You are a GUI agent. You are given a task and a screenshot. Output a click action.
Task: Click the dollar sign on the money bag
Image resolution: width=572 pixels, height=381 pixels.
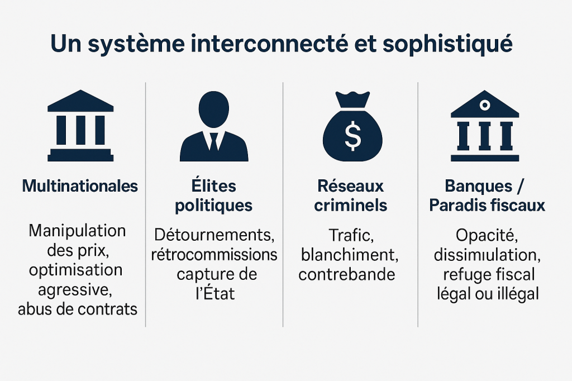point(352,136)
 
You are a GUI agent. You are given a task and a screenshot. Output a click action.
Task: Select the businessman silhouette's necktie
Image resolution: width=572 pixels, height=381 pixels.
point(213,141)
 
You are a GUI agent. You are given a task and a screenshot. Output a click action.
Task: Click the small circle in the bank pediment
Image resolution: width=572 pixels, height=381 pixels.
point(485,105)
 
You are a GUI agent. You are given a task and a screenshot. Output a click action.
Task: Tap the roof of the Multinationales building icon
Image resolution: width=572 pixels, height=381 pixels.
point(80,102)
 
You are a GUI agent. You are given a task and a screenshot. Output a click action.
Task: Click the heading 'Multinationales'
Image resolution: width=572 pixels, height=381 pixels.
point(80,186)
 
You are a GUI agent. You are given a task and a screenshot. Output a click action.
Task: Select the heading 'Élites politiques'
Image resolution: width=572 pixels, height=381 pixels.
point(213,196)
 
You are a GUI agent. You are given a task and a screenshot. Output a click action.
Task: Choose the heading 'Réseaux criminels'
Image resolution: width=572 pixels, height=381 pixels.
point(350,196)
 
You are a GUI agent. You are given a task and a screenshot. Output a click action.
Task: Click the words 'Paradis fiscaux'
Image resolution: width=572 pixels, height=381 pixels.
point(487,206)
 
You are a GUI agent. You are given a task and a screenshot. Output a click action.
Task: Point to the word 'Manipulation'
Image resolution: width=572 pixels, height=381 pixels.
point(78,230)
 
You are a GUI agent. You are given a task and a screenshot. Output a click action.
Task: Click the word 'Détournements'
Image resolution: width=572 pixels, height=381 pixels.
point(214,235)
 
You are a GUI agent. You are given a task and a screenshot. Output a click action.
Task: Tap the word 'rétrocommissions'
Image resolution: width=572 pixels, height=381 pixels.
point(214,255)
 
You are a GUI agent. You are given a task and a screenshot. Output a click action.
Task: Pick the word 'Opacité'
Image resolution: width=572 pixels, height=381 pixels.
point(484,235)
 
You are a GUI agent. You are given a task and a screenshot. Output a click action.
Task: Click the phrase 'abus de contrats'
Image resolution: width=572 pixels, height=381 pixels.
point(78,309)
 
